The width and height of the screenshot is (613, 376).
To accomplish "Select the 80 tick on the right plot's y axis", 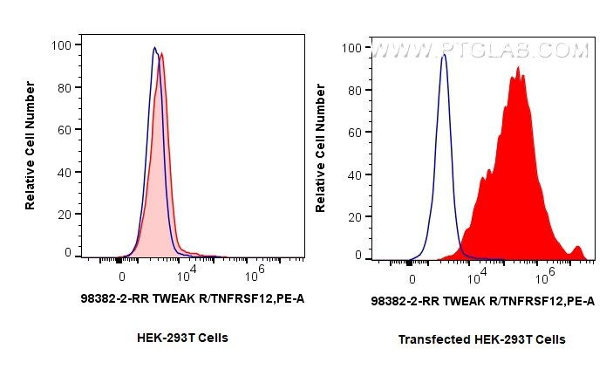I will (x=354, y=91).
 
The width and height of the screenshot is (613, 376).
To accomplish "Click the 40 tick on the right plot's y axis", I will (x=354, y=174).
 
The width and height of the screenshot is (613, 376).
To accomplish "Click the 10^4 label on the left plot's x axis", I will (x=187, y=276).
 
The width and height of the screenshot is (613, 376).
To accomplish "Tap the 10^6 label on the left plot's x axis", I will (x=254, y=276).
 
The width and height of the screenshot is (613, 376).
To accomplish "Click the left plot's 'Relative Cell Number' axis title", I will (x=31, y=145).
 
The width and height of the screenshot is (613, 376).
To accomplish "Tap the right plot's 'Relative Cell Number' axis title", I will (x=321, y=148).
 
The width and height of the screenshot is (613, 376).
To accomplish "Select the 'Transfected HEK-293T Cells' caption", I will (x=481, y=339).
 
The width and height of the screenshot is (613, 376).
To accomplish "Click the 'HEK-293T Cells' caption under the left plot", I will (x=182, y=337).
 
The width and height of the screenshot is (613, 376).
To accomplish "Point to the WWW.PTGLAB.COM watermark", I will (x=480, y=52).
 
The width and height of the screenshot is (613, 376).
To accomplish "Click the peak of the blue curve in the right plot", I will (x=444, y=55).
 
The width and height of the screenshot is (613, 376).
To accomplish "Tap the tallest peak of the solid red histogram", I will (x=518, y=67).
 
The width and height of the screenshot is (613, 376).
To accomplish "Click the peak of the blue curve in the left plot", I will (x=154, y=48).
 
